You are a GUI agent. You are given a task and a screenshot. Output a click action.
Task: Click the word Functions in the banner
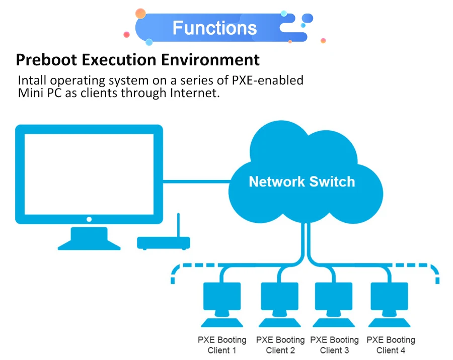[x=214, y=28]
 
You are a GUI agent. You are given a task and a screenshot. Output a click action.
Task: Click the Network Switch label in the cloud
[x=301, y=182]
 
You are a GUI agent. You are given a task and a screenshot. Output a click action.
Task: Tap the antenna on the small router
[x=178, y=225]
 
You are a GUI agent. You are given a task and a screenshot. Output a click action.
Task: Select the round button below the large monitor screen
[x=89, y=219]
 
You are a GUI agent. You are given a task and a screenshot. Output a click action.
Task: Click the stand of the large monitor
[x=89, y=238]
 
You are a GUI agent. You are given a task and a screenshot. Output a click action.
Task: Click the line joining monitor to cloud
[x=196, y=182]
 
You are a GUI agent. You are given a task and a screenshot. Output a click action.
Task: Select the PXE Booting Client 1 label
[x=222, y=345]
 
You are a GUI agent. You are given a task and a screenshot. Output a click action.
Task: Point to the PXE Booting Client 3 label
[x=334, y=345]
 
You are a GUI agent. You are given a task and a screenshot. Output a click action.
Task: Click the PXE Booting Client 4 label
[x=391, y=345]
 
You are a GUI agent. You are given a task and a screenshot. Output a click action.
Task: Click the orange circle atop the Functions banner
[x=140, y=14]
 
